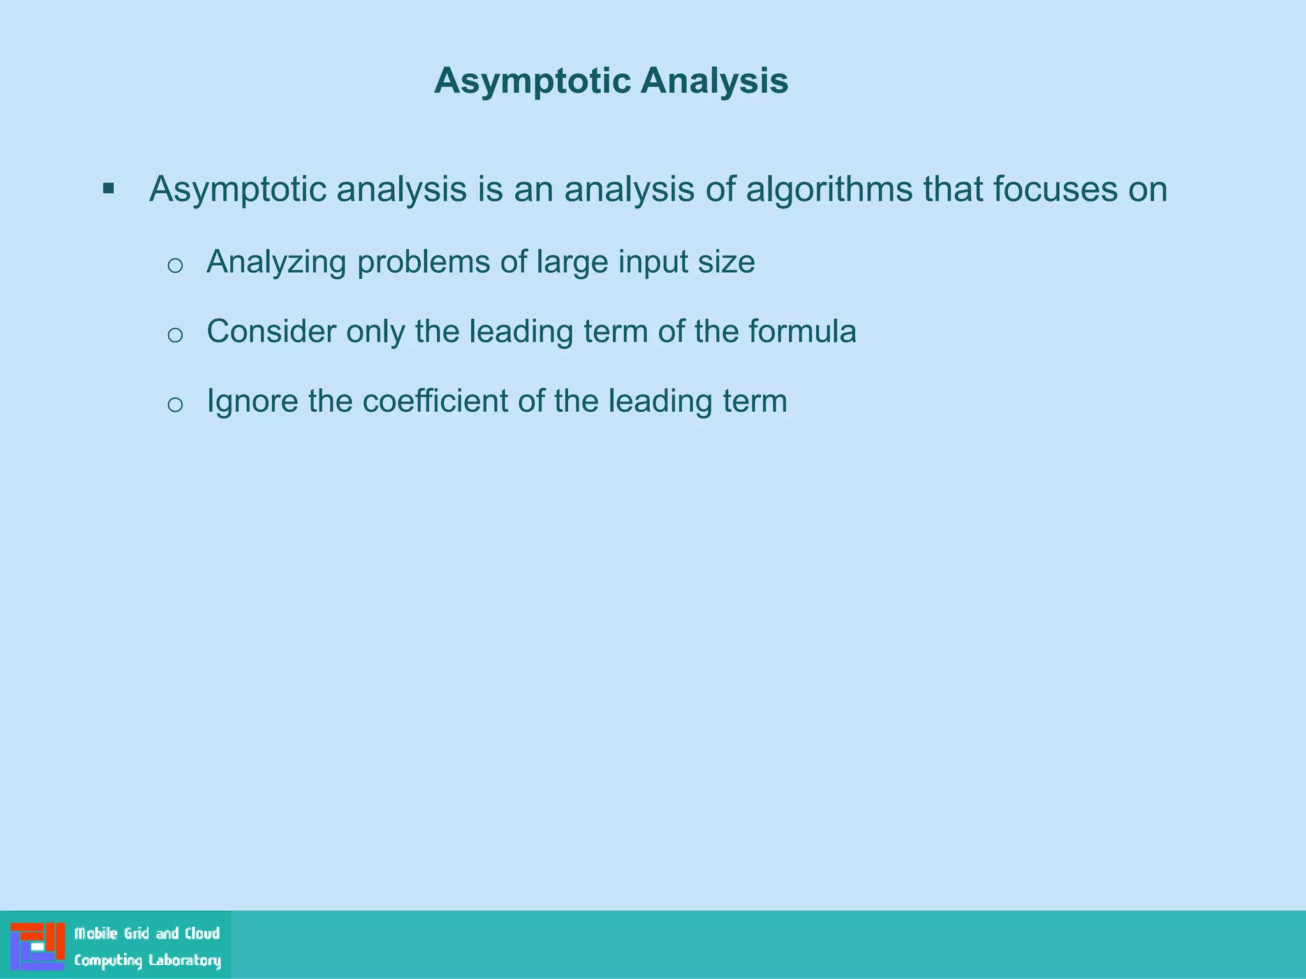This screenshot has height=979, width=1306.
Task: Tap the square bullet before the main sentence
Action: (x=108, y=189)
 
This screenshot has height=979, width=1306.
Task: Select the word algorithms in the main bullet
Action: (x=829, y=190)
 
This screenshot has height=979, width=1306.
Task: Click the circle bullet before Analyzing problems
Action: (x=175, y=265)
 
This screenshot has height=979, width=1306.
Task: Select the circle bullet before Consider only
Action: (x=175, y=335)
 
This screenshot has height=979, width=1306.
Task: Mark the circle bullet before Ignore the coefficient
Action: (x=175, y=404)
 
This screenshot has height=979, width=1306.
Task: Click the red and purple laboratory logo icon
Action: (x=38, y=946)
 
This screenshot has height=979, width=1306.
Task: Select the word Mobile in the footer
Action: (x=96, y=934)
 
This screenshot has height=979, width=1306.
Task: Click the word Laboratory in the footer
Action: (x=185, y=961)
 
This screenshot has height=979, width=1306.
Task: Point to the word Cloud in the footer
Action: (x=202, y=934)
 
